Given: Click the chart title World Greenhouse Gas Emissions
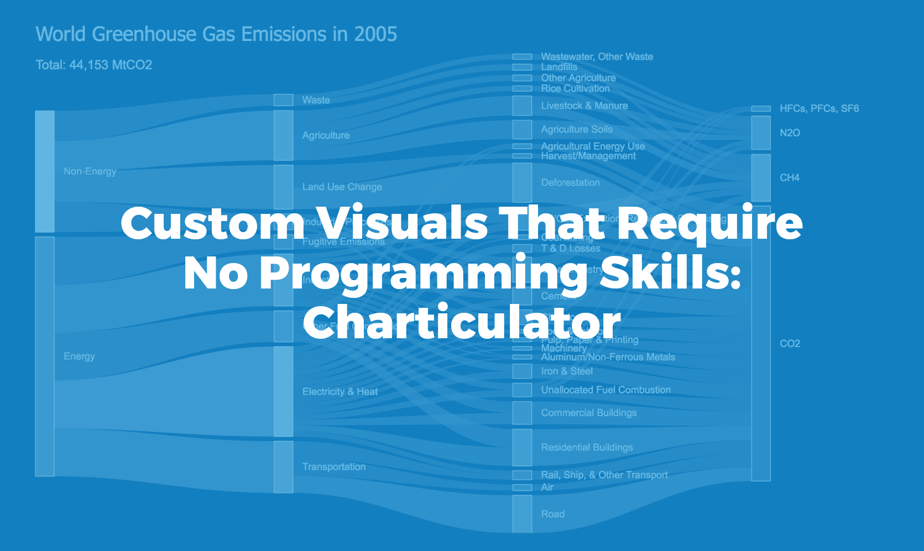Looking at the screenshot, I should point(216,34).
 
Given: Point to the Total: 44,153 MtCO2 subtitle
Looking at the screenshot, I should point(93,65).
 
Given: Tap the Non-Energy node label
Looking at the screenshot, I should point(90,171).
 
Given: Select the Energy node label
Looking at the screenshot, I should point(79,356).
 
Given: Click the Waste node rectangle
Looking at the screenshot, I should point(283,100).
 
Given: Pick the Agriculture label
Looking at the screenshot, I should point(326,135).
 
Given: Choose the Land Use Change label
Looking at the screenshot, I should point(342,187).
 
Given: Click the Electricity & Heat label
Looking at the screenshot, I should point(340,392).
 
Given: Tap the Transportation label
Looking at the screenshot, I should point(333,467).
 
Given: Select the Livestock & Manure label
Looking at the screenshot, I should point(584,106).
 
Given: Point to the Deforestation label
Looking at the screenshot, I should point(570,182).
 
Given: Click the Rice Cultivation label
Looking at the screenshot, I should point(575,88).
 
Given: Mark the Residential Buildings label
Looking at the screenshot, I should point(587,447).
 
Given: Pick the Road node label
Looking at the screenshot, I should point(552,514).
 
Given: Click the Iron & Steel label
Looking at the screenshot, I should point(566,371).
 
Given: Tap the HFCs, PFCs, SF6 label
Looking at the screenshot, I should point(819,109).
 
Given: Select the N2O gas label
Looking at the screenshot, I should point(790,133).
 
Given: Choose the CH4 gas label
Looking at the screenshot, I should point(789,177).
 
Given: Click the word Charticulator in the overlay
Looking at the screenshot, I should point(462,322).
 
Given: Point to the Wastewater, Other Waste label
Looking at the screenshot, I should point(597,56).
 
